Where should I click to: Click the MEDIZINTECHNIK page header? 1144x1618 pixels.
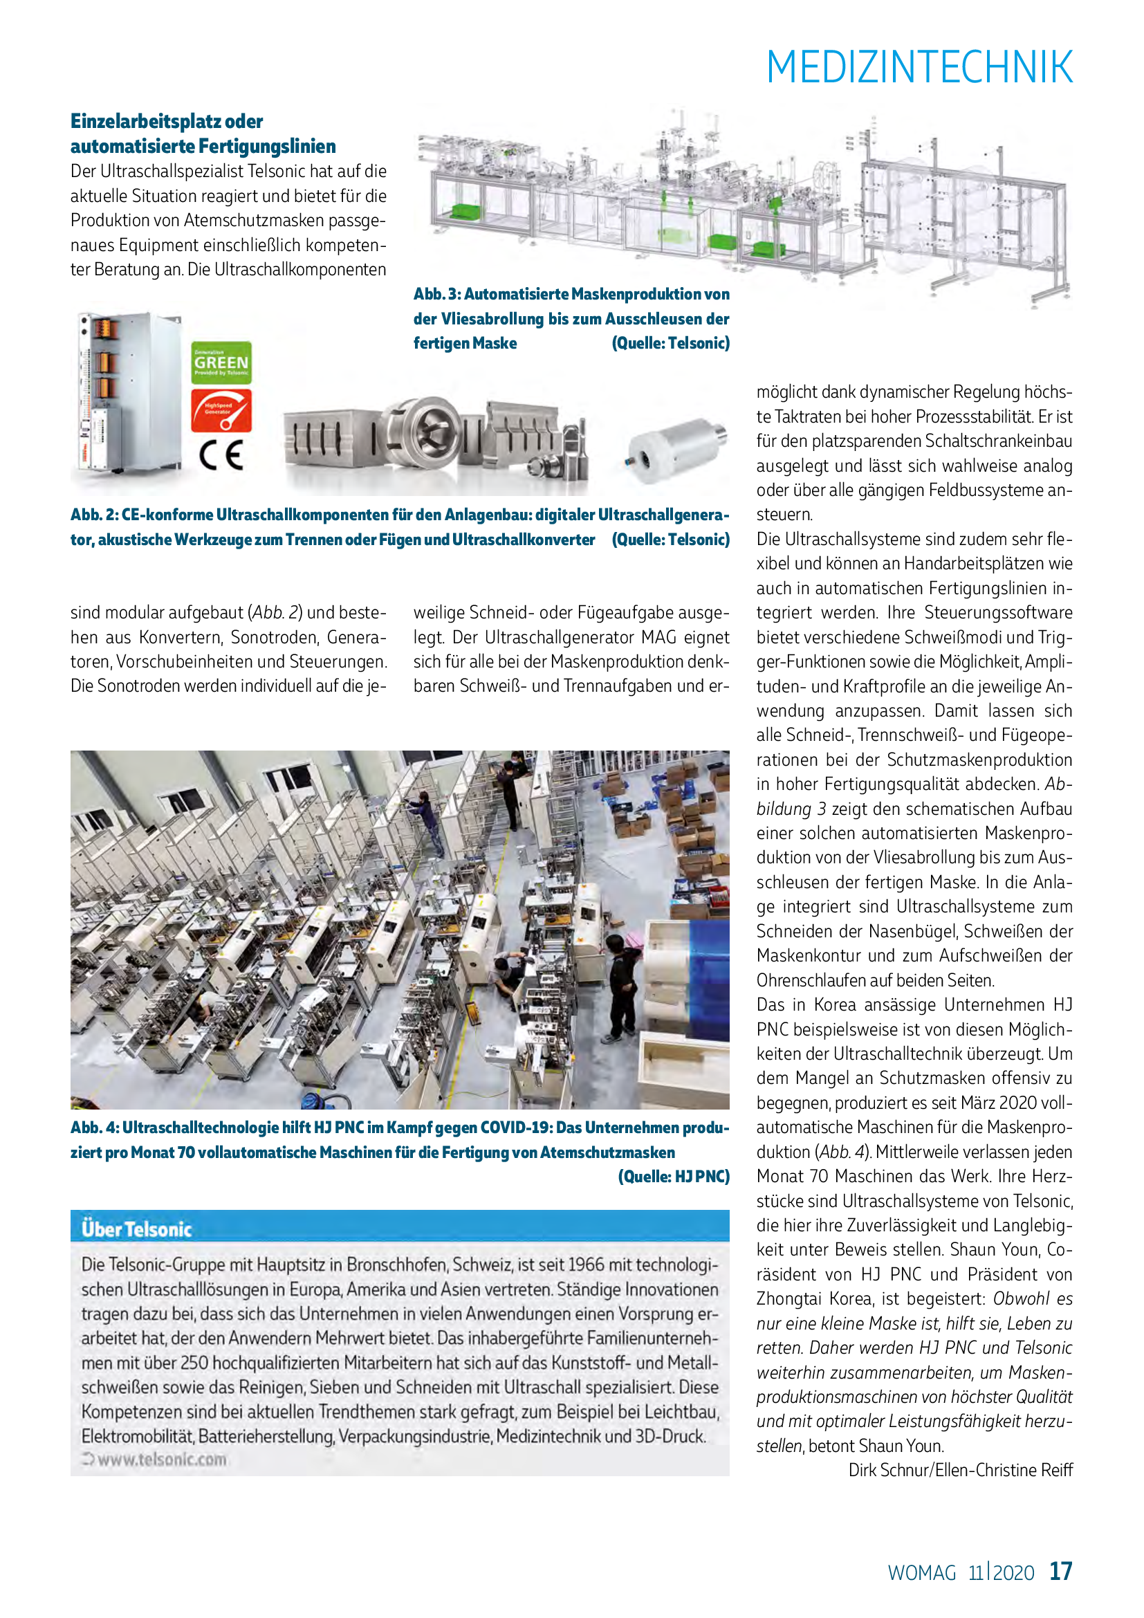tap(919, 68)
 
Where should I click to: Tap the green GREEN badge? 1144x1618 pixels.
tap(221, 363)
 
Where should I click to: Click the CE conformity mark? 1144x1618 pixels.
tap(221, 454)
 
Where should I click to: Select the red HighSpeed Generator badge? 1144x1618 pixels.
tap(221, 411)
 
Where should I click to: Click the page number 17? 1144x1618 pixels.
tap(1061, 1571)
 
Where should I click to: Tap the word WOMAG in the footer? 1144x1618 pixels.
tap(921, 1573)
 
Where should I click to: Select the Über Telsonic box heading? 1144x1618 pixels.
tap(137, 1229)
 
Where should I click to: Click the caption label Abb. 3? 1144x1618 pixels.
tap(436, 294)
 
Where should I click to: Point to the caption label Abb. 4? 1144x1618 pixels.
tap(93, 1128)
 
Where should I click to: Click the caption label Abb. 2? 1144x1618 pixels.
tap(93, 515)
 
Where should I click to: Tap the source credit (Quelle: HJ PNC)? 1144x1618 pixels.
tap(674, 1176)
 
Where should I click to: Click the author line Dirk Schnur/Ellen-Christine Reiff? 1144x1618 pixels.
tap(960, 1470)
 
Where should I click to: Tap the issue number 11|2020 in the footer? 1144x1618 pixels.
tap(1001, 1573)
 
